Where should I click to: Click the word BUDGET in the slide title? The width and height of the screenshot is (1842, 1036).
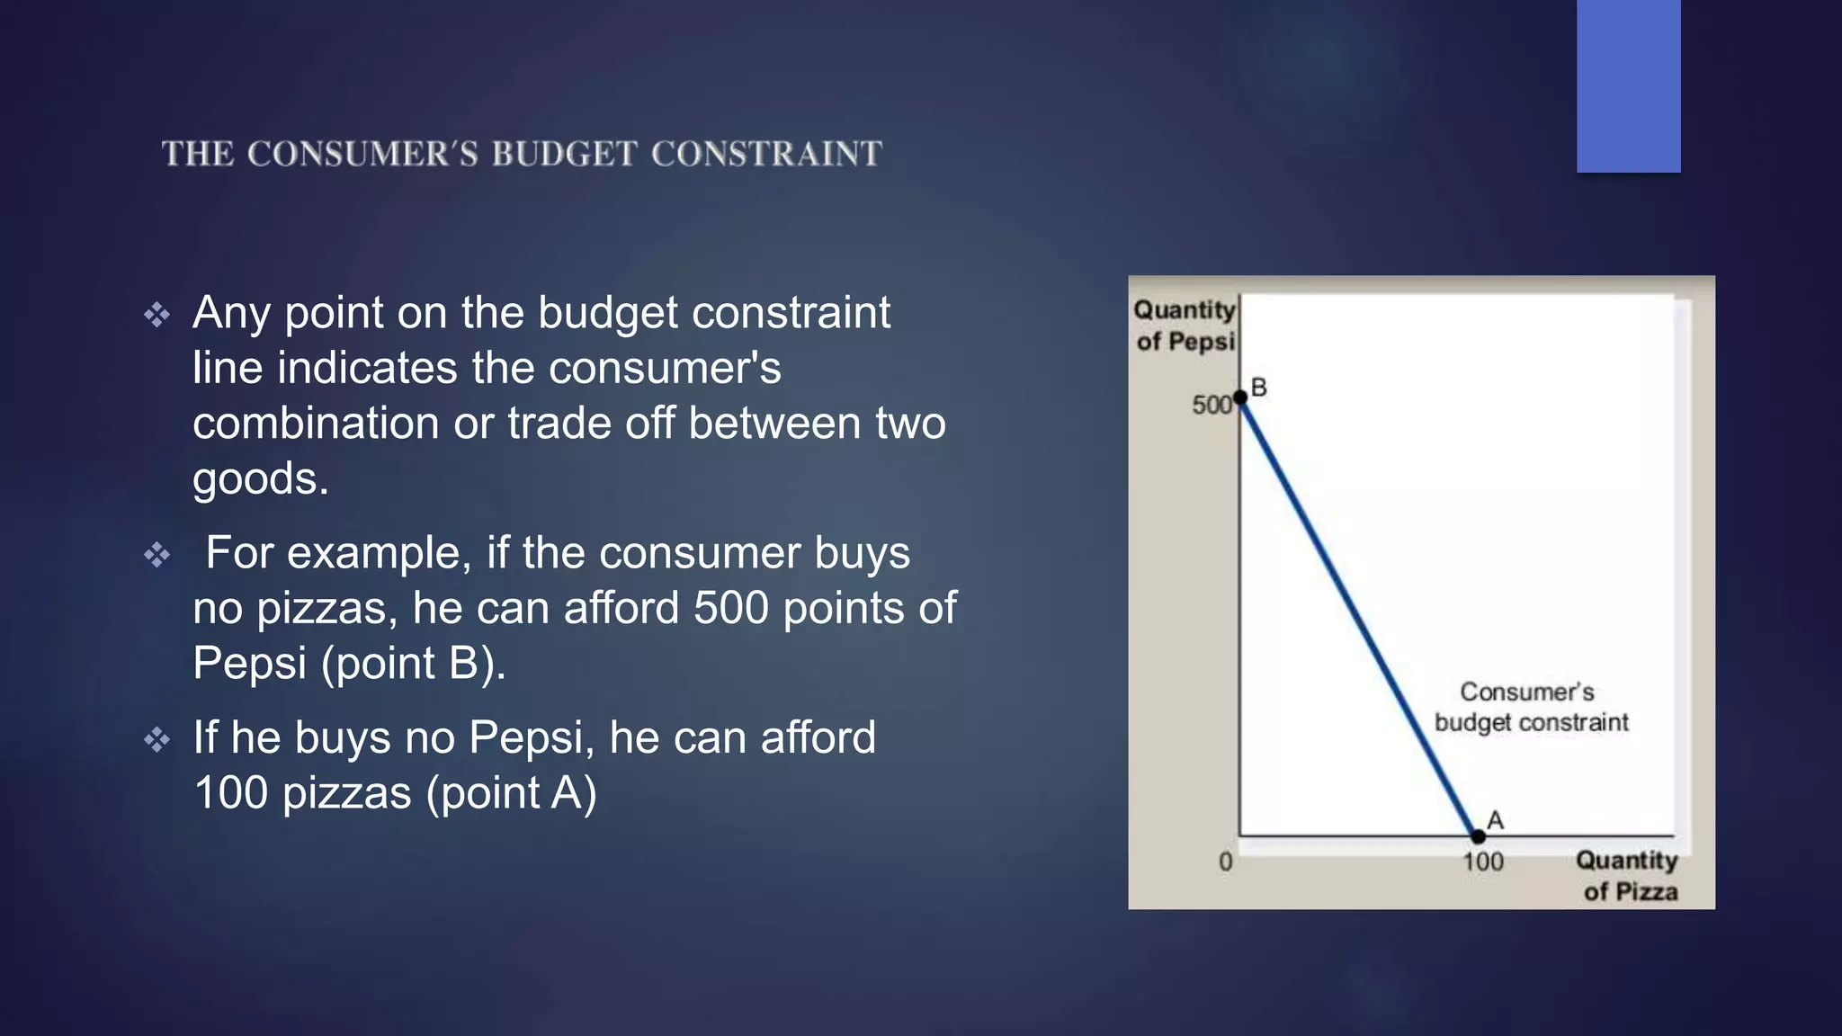tap(564, 154)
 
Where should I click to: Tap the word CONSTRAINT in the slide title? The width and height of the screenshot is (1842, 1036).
tap(766, 154)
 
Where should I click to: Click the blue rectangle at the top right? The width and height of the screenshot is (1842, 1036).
tap(1628, 85)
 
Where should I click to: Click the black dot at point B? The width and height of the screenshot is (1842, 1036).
tap(1240, 397)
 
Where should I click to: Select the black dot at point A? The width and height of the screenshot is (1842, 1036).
tap(1478, 836)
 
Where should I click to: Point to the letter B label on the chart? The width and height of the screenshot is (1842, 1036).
tap(1259, 388)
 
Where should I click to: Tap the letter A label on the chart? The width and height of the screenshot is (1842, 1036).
tap(1496, 820)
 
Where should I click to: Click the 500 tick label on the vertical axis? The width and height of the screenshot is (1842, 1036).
tap(1211, 406)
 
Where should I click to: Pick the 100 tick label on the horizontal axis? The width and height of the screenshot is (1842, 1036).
tap(1482, 862)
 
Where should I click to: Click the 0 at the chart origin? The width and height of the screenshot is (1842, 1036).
tap(1225, 862)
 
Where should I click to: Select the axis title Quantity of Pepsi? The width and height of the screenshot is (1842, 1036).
tap(1184, 326)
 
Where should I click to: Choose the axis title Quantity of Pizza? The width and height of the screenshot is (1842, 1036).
tap(1627, 876)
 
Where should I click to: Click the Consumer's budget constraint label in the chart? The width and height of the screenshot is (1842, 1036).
tap(1530, 707)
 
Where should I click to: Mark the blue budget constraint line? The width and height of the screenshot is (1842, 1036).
tap(1358, 616)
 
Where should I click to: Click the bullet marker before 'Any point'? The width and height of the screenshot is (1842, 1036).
tap(157, 315)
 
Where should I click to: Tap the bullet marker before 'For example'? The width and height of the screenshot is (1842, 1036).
tap(157, 555)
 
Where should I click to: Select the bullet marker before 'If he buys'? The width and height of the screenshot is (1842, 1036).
tap(157, 740)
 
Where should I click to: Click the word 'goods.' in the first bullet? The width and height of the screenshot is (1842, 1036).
tap(260, 479)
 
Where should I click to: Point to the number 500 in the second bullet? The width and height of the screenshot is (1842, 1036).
tap(730, 609)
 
